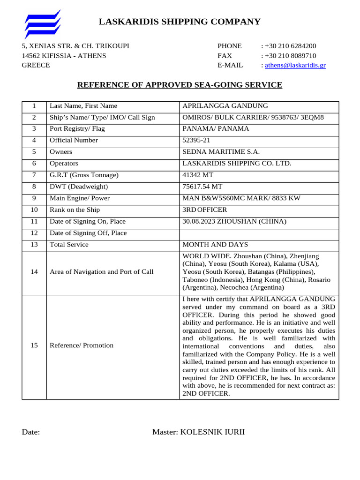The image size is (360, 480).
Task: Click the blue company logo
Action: (43, 24)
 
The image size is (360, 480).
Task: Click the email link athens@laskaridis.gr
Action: (295, 65)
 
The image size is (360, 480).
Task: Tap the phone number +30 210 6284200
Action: (290, 46)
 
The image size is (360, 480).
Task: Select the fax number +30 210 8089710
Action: (290, 56)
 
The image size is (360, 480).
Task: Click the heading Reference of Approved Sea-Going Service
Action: (180, 85)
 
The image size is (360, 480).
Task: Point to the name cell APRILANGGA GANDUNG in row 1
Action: (218, 106)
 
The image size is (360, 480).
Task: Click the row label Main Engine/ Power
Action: (80, 198)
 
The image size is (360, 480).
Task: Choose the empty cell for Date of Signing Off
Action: (259, 233)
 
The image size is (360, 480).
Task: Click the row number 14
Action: (34, 272)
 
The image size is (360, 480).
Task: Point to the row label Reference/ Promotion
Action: (82, 345)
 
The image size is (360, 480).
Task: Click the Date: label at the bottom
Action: (31, 432)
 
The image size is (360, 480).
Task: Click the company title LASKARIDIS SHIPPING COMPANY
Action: (180, 22)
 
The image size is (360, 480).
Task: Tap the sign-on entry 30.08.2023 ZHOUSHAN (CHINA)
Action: (234, 221)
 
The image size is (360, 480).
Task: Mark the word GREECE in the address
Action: (36, 65)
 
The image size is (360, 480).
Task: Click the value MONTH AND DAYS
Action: (215, 245)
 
